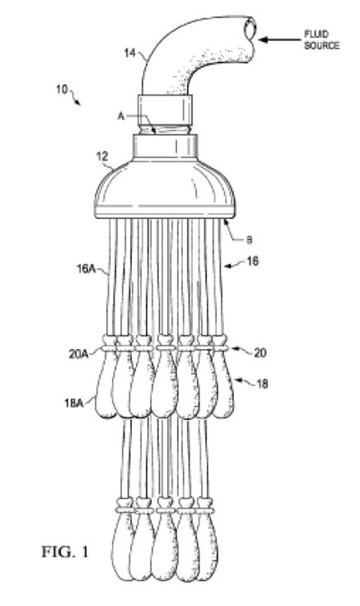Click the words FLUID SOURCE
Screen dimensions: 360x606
[x=321, y=40]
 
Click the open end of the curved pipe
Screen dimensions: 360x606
[x=250, y=29]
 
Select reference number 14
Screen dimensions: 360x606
[x=130, y=53]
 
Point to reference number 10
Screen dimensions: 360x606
[x=62, y=89]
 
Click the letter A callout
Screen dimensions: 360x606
[x=121, y=116]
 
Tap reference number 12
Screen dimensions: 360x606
[x=102, y=157]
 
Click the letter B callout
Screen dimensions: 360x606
[x=249, y=240]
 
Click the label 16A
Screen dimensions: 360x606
[x=86, y=268]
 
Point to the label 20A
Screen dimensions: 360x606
[x=78, y=353]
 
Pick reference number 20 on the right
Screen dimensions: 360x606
[x=260, y=353]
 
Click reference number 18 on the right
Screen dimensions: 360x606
[x=262, y=384]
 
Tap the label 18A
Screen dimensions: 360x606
[x=74, y=403]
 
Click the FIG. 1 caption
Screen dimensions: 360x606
[x=65, y=552]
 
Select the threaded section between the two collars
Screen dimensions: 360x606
[x=165, y=129]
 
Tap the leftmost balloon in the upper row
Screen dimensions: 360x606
[x=105, y=390]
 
